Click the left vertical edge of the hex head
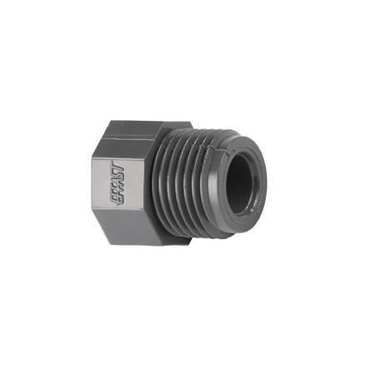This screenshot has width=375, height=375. (104, 178)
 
